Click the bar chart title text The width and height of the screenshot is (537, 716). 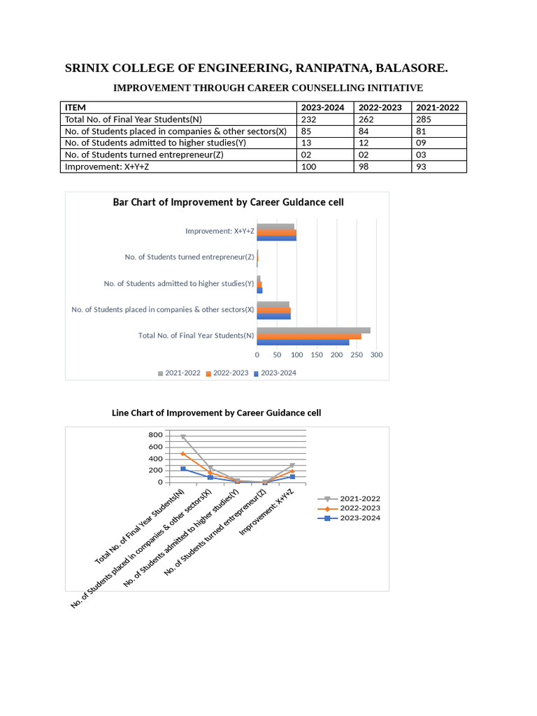pos(228,202)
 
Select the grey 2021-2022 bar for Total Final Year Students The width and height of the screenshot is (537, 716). pos(313,331)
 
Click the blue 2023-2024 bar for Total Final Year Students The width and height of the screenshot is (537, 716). pos(303,342)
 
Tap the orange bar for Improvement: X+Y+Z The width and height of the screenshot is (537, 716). pos(276,232)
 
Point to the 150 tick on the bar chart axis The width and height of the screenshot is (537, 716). pos(317,355)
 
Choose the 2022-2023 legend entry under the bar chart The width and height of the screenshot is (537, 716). pos(227,373)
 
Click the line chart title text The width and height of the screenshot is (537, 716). pos(217,413)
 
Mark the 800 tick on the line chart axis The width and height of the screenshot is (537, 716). pos(155,436)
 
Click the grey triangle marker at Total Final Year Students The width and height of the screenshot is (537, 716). pos(183,437)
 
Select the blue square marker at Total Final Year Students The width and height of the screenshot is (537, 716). pos(183,468)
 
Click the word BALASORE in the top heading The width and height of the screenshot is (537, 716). pos(412,69)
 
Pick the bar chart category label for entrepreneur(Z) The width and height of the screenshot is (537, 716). pos(189,257)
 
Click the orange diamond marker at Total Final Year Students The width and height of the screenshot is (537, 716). pos(183,454)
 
